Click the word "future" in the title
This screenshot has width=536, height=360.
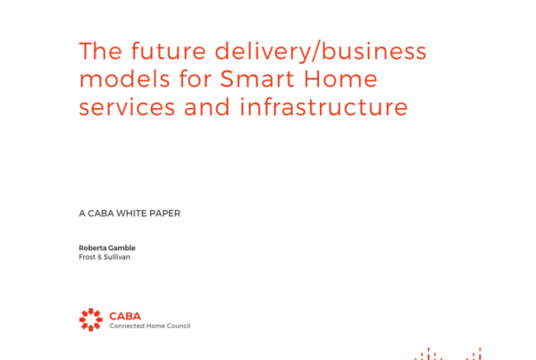[x=169, y=51]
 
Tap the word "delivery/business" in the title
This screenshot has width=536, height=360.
[x=321, y=52]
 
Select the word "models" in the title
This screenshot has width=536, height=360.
[x=124, y=79]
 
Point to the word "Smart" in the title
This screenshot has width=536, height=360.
[x=257, y=79]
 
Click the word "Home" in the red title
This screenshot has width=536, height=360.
[x=340, y=79]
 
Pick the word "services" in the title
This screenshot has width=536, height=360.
[x=127, y=107]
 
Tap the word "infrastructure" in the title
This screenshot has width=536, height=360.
[x=323, y=106]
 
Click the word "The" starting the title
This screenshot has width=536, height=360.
[x=100, y=51]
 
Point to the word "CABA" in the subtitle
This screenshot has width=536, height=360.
[x=101, y=213]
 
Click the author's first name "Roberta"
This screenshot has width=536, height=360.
[x=92, y=247]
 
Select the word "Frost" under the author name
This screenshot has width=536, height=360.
[x=88, y=257]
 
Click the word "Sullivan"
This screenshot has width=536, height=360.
[x=117, y=257]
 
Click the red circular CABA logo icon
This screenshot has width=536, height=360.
[x=91, y=320]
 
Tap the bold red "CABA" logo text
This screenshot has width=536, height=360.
[x=125, y=316]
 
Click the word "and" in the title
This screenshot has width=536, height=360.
[x=207, y=106]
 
